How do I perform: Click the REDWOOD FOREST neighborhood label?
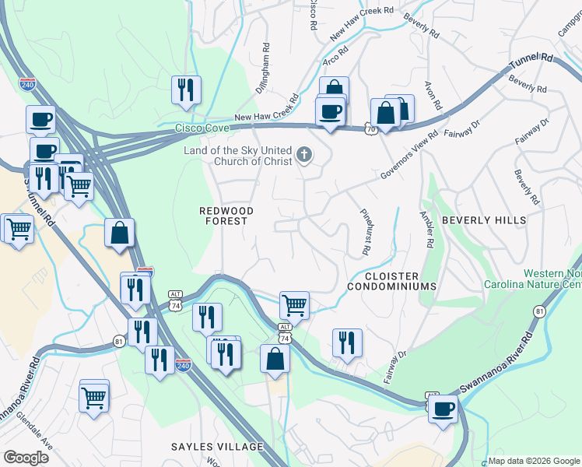223,216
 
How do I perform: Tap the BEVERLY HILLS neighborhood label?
484,220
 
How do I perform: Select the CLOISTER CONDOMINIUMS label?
392,281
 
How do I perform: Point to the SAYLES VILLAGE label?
218,447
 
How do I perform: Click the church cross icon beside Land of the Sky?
304,156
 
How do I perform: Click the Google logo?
26,458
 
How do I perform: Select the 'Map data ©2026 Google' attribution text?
533,461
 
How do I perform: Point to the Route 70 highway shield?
371,129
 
